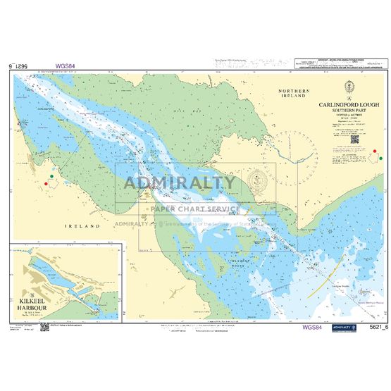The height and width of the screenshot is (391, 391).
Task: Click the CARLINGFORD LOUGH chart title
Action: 347,104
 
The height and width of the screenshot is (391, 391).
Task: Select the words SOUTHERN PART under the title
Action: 347,111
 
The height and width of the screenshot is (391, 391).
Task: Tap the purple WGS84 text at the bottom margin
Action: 311,328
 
